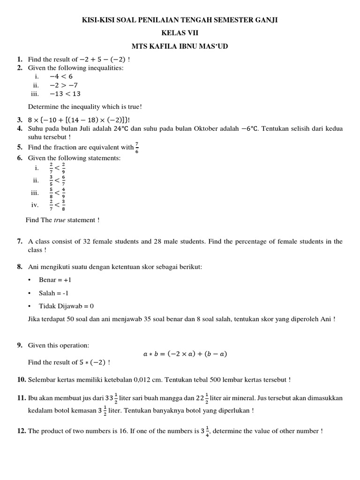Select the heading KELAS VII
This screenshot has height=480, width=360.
click(180, 33)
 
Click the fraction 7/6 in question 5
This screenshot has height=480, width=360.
click(136, 147)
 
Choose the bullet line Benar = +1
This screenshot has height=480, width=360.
click(55, 280)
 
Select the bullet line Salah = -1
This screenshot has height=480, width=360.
click(55, 293)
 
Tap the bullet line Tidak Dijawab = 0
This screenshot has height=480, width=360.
click(67, 306)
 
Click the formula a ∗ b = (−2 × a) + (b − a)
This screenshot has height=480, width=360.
click(186, 354)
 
